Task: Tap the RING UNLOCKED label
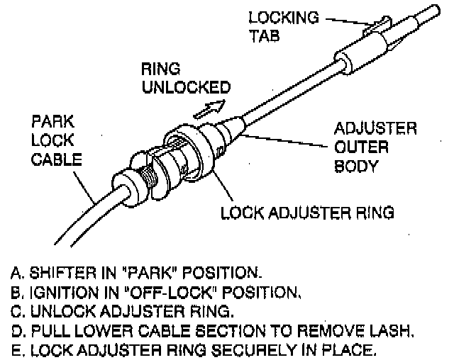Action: [186, 79]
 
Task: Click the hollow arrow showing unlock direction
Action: [211, 107]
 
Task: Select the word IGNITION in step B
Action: [59, 290]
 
